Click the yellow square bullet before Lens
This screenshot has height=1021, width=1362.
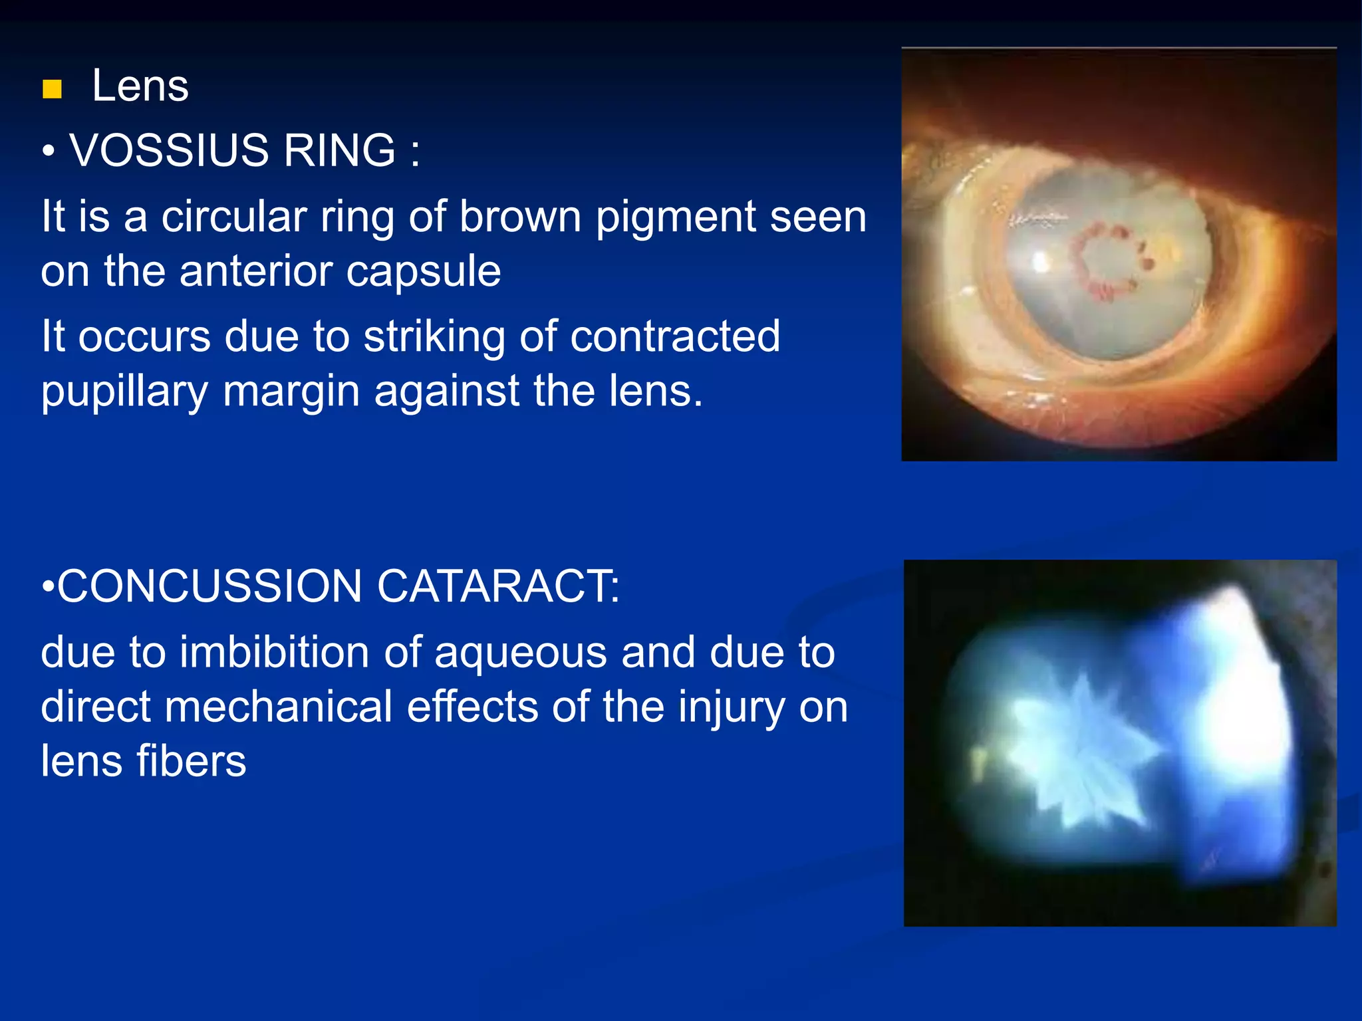[52, 89]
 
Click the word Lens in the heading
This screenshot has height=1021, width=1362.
[140, 86]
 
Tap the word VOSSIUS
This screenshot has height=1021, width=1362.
[169, 150]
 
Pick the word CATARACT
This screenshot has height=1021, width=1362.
[497, 586]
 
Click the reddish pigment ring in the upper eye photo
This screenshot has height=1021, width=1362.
[1107, 262]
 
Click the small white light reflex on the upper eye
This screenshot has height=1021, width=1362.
[1039, 263]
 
